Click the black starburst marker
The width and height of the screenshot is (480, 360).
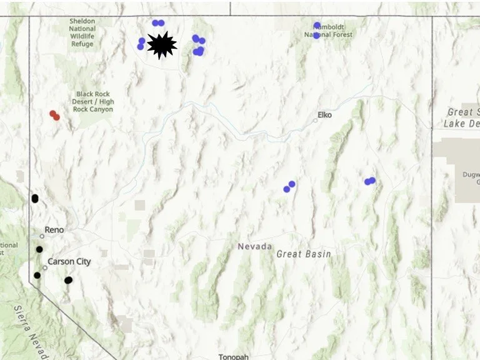pyautogui.click(x=162, y=45)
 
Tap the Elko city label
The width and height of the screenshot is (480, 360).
pyautogui.click(x=325, y=115)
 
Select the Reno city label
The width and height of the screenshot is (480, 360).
pyautogui.click(x=54, y=230)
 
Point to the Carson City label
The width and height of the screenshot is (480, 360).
pyautogui.click(x=69, y=261)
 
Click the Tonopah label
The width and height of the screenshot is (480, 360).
pyautogui.click(x=233, y=357)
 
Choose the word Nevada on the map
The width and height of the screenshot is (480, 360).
pyautogui.click(x=254, y=246)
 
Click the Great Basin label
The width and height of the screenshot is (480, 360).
pyautogui.click(x=304, y=254)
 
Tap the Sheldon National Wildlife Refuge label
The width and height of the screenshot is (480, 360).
pyautogui.click(x=82, y=32)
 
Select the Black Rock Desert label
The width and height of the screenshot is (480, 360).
pyautogui.click(x=93, y=102)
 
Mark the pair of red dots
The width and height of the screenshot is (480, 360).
pyautogui.click(x=54, y=115)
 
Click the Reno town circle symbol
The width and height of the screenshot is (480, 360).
pyautogui.click(x=42, y=236)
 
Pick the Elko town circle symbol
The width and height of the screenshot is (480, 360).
pyautogui.click(x=316, y=120)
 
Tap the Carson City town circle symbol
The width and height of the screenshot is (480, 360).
pyautogui.click(x=45, y=267)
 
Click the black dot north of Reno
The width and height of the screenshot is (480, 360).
pyautogui.click(x=35, y=199)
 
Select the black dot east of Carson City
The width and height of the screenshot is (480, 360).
pyautogui.click(x=68, y=280)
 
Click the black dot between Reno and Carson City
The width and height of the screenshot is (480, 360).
pyautogui.click(x=39, y=249)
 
